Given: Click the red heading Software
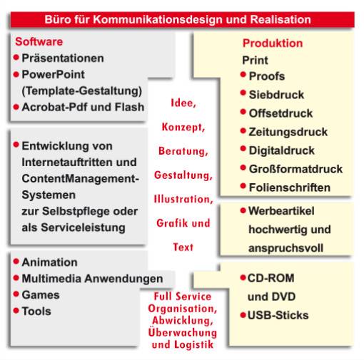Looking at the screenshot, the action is coord(39,41).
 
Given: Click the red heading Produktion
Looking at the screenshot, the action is coord(273,43).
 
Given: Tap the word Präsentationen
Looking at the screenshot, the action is coord(63,58).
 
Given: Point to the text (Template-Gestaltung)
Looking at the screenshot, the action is coord(82,91).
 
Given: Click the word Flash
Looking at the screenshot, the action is coord(130,107).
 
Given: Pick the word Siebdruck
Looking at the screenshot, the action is coord(276,95).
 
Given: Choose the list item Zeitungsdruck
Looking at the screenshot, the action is coord(288,132).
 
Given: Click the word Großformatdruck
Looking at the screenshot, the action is coord(295,169).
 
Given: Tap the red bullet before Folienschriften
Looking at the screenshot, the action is coord(243,186).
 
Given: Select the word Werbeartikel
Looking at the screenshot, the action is coord(281,211).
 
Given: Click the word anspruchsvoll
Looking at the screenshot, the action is coord(285,248).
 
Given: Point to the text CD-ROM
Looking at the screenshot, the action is coord(271,278).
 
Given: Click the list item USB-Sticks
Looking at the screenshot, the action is coord(278,315).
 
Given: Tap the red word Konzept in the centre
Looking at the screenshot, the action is coord(183,127).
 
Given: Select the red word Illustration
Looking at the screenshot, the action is coord(183,199).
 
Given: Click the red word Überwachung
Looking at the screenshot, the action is coord(183,332).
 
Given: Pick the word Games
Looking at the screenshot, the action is coord(41,295).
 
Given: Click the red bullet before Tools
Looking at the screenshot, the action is coord(16,310).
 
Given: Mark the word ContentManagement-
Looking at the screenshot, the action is coord(81,179).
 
